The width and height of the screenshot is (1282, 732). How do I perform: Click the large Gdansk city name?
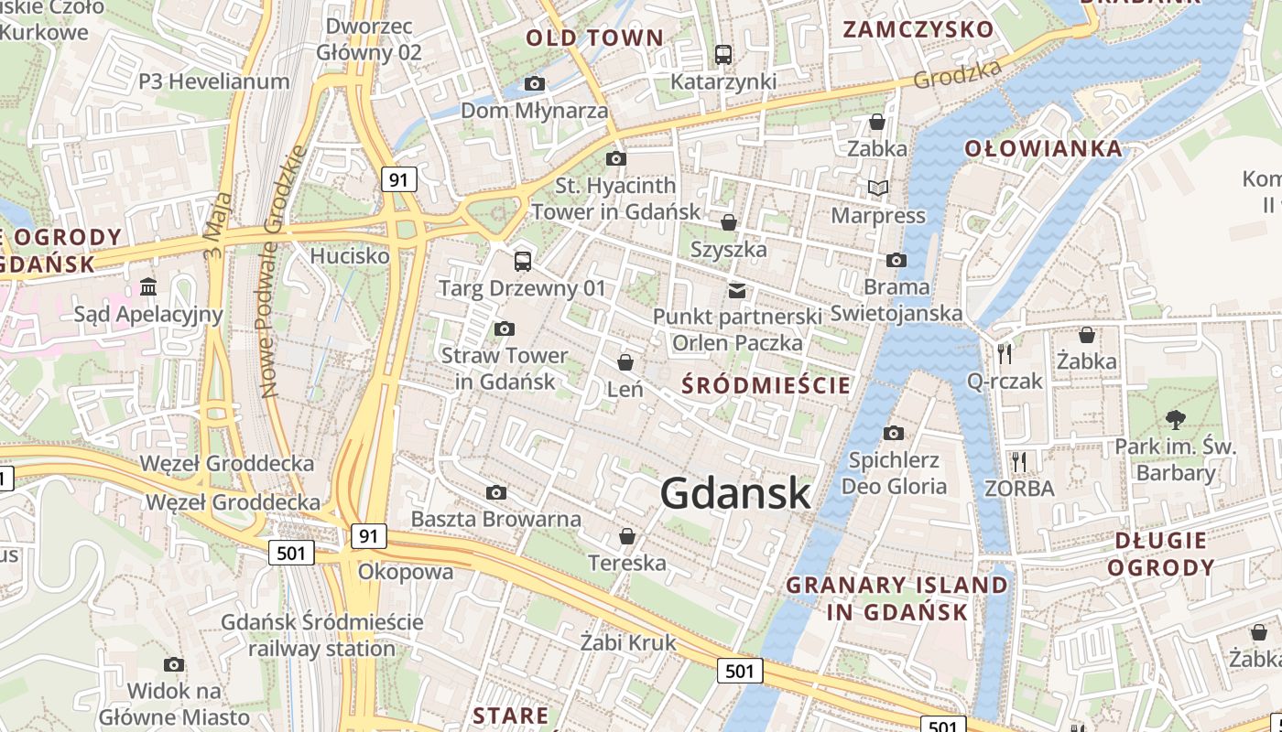pyautogui.click(x=735, y=493)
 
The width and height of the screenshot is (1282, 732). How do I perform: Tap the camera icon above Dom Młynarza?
pyautogui.click(x=535, y=84)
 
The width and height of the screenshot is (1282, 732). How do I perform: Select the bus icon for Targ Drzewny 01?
pyautogui.click(x=522, y=262)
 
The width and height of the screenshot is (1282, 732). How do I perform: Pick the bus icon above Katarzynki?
pyautogui.click(x=723, y=55)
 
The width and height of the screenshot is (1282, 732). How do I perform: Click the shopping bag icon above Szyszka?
pyautogui.click(x=729, y=222)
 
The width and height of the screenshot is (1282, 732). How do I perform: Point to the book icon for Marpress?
pyautogui.click(x=878, y=188)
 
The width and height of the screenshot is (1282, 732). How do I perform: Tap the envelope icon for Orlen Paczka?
pyautogui.click(x=737, y=291)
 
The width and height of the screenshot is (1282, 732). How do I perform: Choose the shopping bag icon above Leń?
pyautogui.click(x=625, y=363)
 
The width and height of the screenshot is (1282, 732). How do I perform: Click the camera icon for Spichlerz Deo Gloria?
pyautogui.click(x=894, y=433)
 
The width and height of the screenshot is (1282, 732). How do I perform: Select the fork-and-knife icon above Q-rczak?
pyautogui.click(x=1005, y=353)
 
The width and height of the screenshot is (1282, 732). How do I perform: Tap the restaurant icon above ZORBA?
pyautogui.click(x=1019, y=461)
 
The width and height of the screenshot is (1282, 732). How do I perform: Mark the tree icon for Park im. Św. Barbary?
pyautogui.click(x=1175, y=420)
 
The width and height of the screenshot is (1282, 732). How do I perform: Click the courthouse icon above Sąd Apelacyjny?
pyautogui.click(x=148, y=287)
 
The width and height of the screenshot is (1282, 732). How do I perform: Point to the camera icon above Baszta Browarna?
pyautogui.click(x=496, y=493)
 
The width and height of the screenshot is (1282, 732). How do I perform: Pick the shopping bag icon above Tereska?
pyautogui.click(x=627, y=536)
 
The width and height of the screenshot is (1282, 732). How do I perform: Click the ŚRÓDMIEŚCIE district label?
pyautogui.click(x=766, y=385)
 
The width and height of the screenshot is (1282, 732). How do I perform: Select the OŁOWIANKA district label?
pyautogui.click(x=1043, y=148)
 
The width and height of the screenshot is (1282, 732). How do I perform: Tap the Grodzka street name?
pyautogui.click(x=958, y=76)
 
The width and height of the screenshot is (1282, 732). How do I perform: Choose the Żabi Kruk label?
pyautogui.click(x=628, y=642)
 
